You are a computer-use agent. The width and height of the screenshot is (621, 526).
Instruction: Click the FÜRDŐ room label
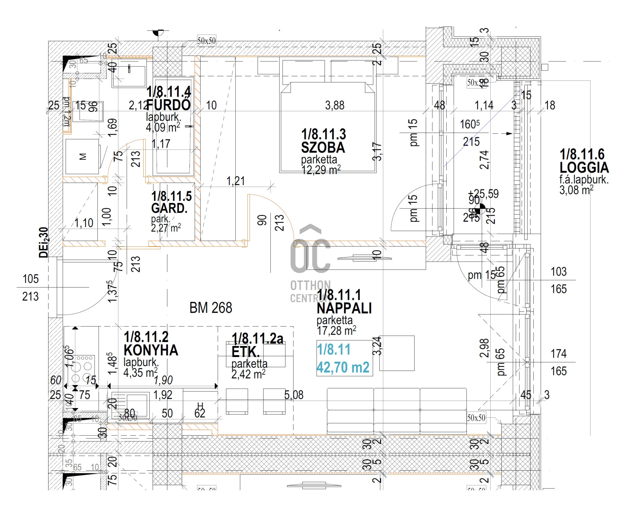coord(169,105)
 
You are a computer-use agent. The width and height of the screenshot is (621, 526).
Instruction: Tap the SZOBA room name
coord(323,148)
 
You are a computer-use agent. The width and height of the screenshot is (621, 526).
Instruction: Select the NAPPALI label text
coord(344,308)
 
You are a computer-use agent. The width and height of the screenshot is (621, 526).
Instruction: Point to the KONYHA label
coord(151,350)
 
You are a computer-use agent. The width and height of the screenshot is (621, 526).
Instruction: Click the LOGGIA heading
coord(584,167)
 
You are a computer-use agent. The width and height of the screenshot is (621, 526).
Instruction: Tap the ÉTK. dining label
coord(245,352)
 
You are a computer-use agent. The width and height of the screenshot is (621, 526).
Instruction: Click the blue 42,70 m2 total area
coord(343,367)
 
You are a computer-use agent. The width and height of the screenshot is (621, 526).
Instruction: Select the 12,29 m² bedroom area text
coord(321,170)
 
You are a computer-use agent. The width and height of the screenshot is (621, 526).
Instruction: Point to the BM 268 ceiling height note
coord(211,308)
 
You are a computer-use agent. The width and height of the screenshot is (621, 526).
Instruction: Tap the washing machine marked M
coord(82,157)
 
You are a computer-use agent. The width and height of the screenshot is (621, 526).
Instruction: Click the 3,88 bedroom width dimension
coord(334,105)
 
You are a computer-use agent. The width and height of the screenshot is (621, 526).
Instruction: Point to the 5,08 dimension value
coord(294,395)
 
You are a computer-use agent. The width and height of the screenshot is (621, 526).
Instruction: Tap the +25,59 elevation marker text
coord(483,194)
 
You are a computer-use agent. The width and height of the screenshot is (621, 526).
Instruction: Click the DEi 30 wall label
coord(44,242)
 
